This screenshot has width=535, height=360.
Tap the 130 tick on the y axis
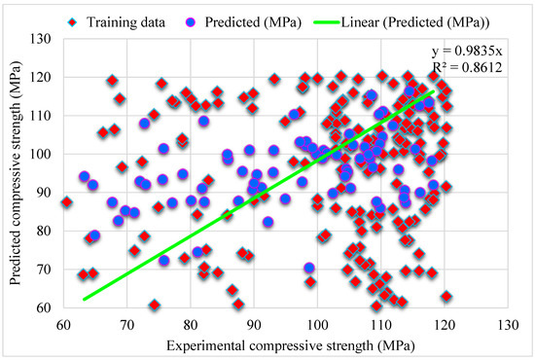(x=43, y=38)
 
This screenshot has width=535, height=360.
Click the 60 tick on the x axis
(x=64, y=324)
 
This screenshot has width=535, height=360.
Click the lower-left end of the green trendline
(x=84, y=299)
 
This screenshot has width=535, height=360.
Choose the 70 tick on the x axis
(x=127, y=324)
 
